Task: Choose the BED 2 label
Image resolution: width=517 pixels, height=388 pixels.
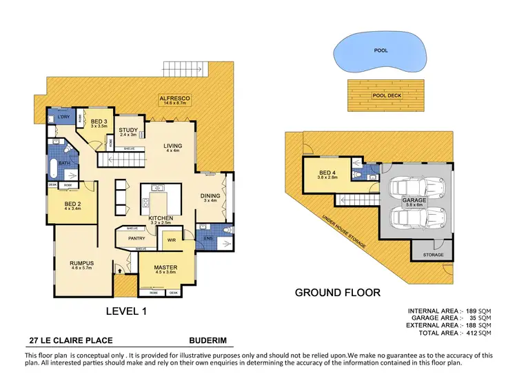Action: point(73,204)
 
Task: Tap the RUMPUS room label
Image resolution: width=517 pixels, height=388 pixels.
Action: point(81,263)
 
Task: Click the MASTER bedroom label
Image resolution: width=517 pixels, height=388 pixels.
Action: point(165,267)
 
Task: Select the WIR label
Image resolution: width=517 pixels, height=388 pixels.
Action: point(172,241)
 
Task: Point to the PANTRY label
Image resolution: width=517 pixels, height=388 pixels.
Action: point(136,238)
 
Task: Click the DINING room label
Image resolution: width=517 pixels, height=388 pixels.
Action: point(210,195)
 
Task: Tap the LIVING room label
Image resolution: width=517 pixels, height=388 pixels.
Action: point(172,146)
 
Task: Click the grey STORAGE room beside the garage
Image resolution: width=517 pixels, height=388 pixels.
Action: point(434,254)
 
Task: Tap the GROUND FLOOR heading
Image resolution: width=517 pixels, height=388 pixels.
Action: point(337,292)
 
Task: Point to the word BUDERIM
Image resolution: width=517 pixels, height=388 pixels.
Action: point(207,340)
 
